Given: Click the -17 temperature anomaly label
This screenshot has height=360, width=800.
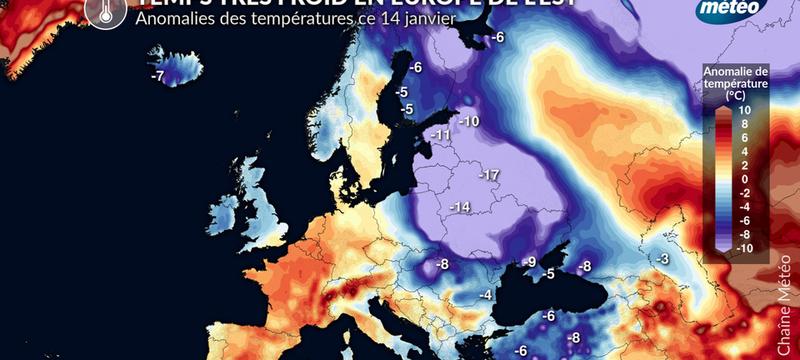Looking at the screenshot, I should point(489,175).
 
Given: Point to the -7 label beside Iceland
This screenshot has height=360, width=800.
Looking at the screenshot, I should point(157,76).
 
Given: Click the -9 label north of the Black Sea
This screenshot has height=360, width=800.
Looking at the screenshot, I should point(531,262).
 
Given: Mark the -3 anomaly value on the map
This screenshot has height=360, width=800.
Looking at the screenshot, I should point(662,259).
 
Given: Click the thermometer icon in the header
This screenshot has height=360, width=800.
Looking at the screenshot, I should point(99,10).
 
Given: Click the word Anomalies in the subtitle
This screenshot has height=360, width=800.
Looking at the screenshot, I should point(172,18).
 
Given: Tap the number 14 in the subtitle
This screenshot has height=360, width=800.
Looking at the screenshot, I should point(385,18).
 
